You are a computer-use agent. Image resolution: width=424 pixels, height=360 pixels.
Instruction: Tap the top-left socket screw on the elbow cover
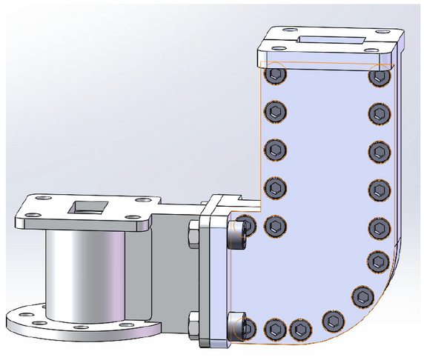pyautogui.click(x=276, y=75)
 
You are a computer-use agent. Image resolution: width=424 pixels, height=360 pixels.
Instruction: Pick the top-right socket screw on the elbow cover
pyautogui.click(x=380, y=76)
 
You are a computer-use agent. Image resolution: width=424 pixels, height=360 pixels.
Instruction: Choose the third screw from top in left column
pyautogui.click(x=276, y=150)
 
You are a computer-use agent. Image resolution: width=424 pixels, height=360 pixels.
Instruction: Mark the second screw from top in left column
pyautogui.click(x=276, y=113)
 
